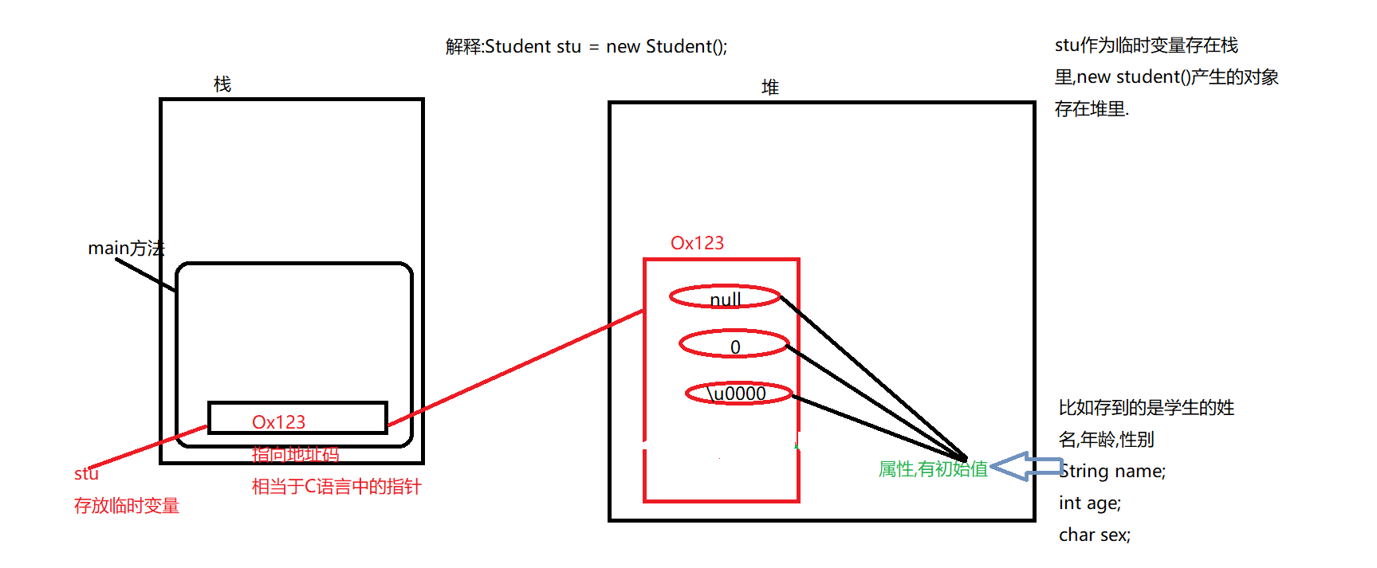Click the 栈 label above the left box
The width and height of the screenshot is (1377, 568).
(x=222, y=84)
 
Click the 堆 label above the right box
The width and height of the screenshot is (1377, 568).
(x=770, y=87)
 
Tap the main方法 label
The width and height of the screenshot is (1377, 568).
(x=126, y=249)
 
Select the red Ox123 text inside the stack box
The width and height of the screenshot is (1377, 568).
(x=278, y=421)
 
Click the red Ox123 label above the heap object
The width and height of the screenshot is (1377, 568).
(x=697, y=243)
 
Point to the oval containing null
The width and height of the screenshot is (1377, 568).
(x=725, y=297)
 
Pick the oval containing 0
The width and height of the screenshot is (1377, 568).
(x=734, y=344)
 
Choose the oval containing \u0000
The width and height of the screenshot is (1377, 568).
(x=739, y=393)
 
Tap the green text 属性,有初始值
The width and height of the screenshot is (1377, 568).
(x=933, y=469)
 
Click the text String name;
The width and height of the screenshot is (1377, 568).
(x=1113, y=471)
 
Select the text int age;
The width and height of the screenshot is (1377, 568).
(x=1090, y=503)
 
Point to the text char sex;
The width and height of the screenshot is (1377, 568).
(x=1095, y=535)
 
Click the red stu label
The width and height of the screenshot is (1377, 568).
(x=86, y=473)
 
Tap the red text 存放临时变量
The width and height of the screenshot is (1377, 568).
(x=127, y=506)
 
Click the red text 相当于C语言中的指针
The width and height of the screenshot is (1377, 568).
(x=336, y=487)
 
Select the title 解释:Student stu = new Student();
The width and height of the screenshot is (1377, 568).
(x=586, y=46)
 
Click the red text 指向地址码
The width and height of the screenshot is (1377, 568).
(x=295, y=455)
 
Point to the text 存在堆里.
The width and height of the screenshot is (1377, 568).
(x=1092, y=108)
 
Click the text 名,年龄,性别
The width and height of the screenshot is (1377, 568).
(x=1106, y=439)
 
